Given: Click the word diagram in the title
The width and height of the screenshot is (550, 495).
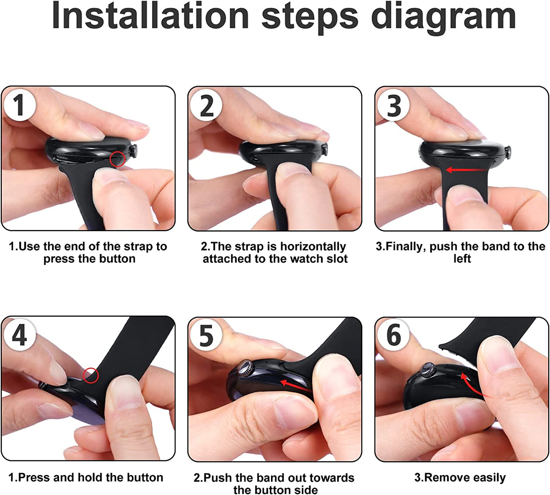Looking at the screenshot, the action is pyautogui.click(x=443, y=17).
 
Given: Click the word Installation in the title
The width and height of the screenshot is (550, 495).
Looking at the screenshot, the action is pyautogui.click(x=150, y=15).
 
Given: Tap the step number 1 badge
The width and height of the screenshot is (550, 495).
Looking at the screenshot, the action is pyautogui.click(x=19, y=105).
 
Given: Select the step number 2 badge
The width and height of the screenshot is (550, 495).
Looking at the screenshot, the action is pyautogui.click(x=206, y=105).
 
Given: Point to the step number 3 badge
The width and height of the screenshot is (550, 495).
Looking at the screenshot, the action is pyautogui.click(x=394, y=105).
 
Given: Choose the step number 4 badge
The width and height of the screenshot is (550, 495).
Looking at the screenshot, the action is pyautogui.click(x=19, y=335).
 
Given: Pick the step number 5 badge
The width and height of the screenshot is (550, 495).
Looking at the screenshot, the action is pyautogui.click(x=206, y=335).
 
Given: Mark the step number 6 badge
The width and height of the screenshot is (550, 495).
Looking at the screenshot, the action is pyautogui.click(x=394, y=335).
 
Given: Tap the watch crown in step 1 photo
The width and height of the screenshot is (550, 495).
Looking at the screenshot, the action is pyautogui.click(x=134, y=151).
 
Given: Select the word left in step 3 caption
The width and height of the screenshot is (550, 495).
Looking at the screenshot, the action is pyautogui.click(x=462, y=259).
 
